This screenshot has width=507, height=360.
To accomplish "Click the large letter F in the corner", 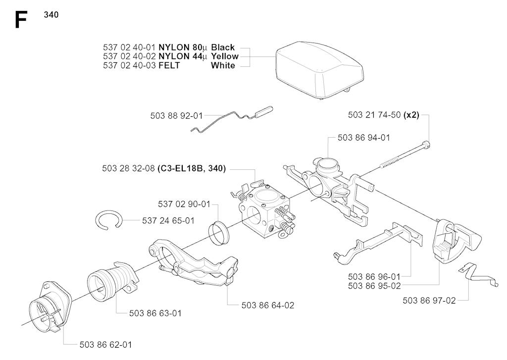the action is click(x=21, y=20).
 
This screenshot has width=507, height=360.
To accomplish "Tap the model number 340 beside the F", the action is click(x=51, y=15).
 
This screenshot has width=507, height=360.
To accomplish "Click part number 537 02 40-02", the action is click(x=129, y=56).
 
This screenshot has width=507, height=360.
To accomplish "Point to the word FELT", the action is click(x=169, y=65).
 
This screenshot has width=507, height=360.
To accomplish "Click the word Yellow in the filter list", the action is click(x=225, y=56).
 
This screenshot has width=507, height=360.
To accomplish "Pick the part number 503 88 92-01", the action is click(x=177, y=116).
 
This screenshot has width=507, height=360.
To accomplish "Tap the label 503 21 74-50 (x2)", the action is click(x=384, y=115).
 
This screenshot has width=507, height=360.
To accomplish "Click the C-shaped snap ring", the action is click(x=109, y=220).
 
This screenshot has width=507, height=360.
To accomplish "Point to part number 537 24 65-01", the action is click(x=168, y=220).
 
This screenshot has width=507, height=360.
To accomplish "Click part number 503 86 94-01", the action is click(x=364, y=138).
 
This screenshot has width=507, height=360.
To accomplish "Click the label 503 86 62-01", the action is click(x=106, y=345).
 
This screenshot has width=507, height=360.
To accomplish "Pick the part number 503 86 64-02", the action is click(x=268, y=306).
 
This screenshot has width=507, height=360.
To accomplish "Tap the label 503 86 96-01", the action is click(x=374, y=277).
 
